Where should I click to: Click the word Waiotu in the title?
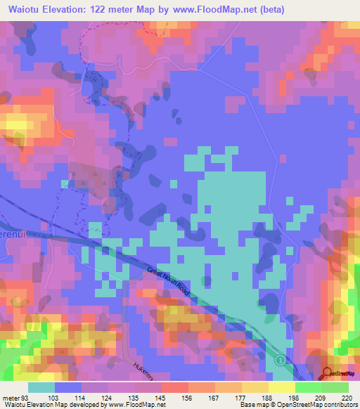coord(25,9)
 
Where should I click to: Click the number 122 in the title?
coord(120,9)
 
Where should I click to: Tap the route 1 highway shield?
coord(281,361)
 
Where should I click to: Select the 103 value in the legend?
coord(63,397)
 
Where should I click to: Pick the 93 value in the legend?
coord(26,397)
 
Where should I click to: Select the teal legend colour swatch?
coord(41,387)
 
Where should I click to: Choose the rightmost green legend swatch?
coord(335,387)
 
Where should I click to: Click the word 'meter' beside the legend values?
coord(11,397)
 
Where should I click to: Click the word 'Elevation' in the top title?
coord(72,9)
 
